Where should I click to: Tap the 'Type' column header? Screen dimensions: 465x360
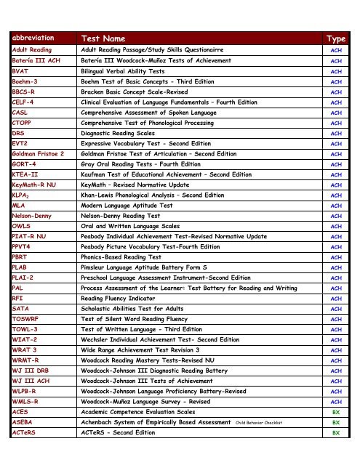click(x=336, y=37)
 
